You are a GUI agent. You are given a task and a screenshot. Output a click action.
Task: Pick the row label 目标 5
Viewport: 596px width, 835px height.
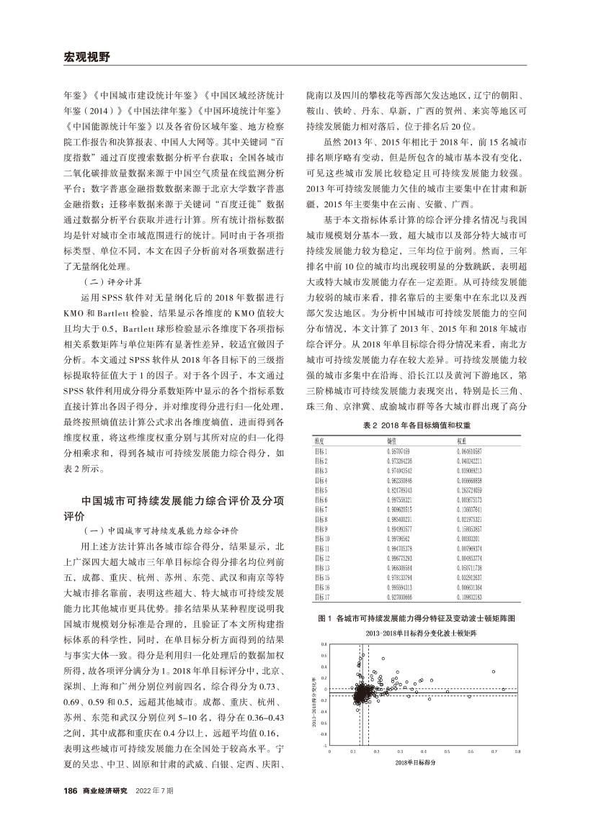click(322, 489)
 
